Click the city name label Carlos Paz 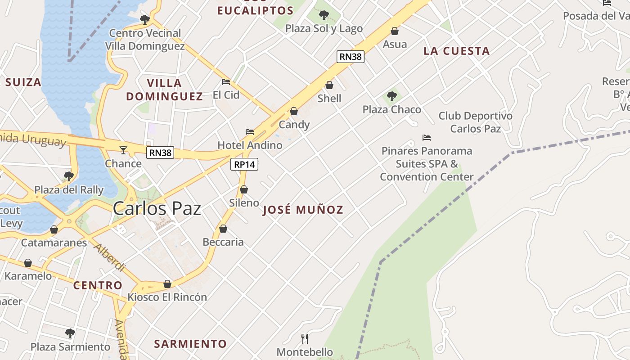pyautogui.click(x=157, y=209)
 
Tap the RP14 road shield pyautogui.click(x=244, y=165)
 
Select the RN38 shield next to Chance pyautogui.click(x=160, y=153)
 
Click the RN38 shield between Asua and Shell pyautogui.click(x=350, y=57)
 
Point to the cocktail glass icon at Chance pyautogui.click(x=123, y=150)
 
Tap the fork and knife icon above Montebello pyautogui.click(x=305, y=338)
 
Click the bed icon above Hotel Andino pyautogui.click(x=250, y=132)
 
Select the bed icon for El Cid pyautogui.click(x=226, y=82)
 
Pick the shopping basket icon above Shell pyautogui.click(x=329, y=85)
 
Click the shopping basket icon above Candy pyautogui.click(x=294, y=111)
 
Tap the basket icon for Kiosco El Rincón pyautogui.click(x=167, y=284)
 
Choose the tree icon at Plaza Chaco pyautogui.click(x=392, y=96)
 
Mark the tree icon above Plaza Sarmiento pyautogui.click(x=70, y=333)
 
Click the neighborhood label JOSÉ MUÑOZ pyautogui.click(x=303, y=210)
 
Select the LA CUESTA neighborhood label pyautogui.click(x=456, y=51)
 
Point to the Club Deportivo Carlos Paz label pyautogui.click(x=475, y=122)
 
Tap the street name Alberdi pyautogui.click(x=109, y=257)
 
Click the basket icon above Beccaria pyautogui.click(x=223, y=229)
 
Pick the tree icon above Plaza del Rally pyautogui.click(x=69, y=176)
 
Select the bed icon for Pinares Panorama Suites pyautogui.click(x=427, y=138)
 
